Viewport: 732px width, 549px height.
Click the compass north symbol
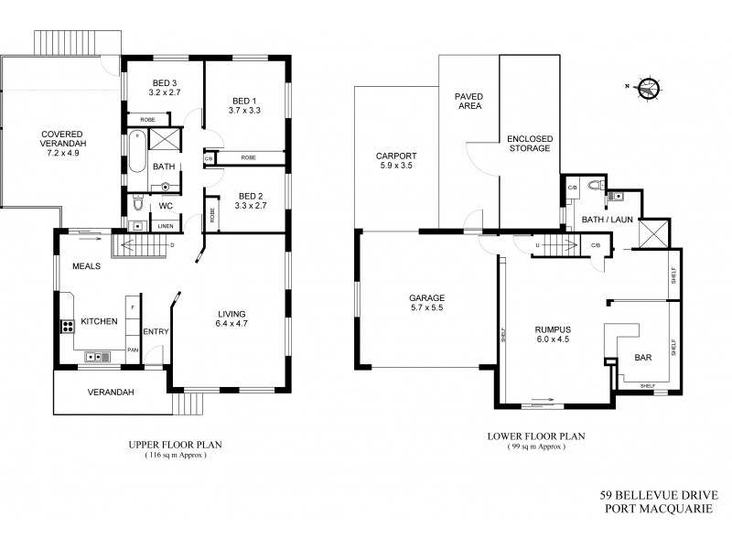650,89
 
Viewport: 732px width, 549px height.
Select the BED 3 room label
163,82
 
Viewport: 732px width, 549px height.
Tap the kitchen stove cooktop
68,325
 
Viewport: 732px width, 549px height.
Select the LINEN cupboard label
165,226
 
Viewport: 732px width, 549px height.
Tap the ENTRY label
156,332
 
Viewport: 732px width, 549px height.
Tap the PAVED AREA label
468,101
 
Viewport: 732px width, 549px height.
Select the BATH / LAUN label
606,220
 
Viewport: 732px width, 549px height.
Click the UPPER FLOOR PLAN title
175,445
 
